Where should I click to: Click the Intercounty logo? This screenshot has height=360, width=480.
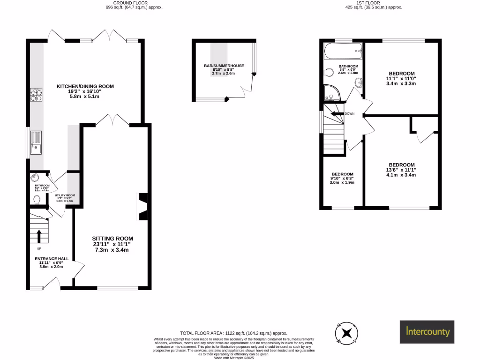click(427, 332)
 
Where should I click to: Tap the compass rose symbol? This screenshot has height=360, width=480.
click(346, 333)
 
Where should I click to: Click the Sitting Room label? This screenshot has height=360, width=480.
click(112, 244)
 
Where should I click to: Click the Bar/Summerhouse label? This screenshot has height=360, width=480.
click(224, 69)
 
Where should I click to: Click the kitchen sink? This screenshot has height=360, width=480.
click(37, 142)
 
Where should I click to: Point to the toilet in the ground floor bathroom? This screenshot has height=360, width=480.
click(37, 200)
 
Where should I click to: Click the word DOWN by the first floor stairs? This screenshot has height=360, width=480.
click(350, 114)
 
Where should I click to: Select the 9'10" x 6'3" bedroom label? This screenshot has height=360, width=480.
click(342, 179)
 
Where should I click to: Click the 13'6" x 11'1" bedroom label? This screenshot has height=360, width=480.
click(401, 170)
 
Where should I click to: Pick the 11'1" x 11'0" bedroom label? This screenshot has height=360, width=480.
click(402, 78)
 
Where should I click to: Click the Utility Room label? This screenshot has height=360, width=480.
click(64, 198)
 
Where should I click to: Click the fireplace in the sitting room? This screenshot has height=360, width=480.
click(143, 206)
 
